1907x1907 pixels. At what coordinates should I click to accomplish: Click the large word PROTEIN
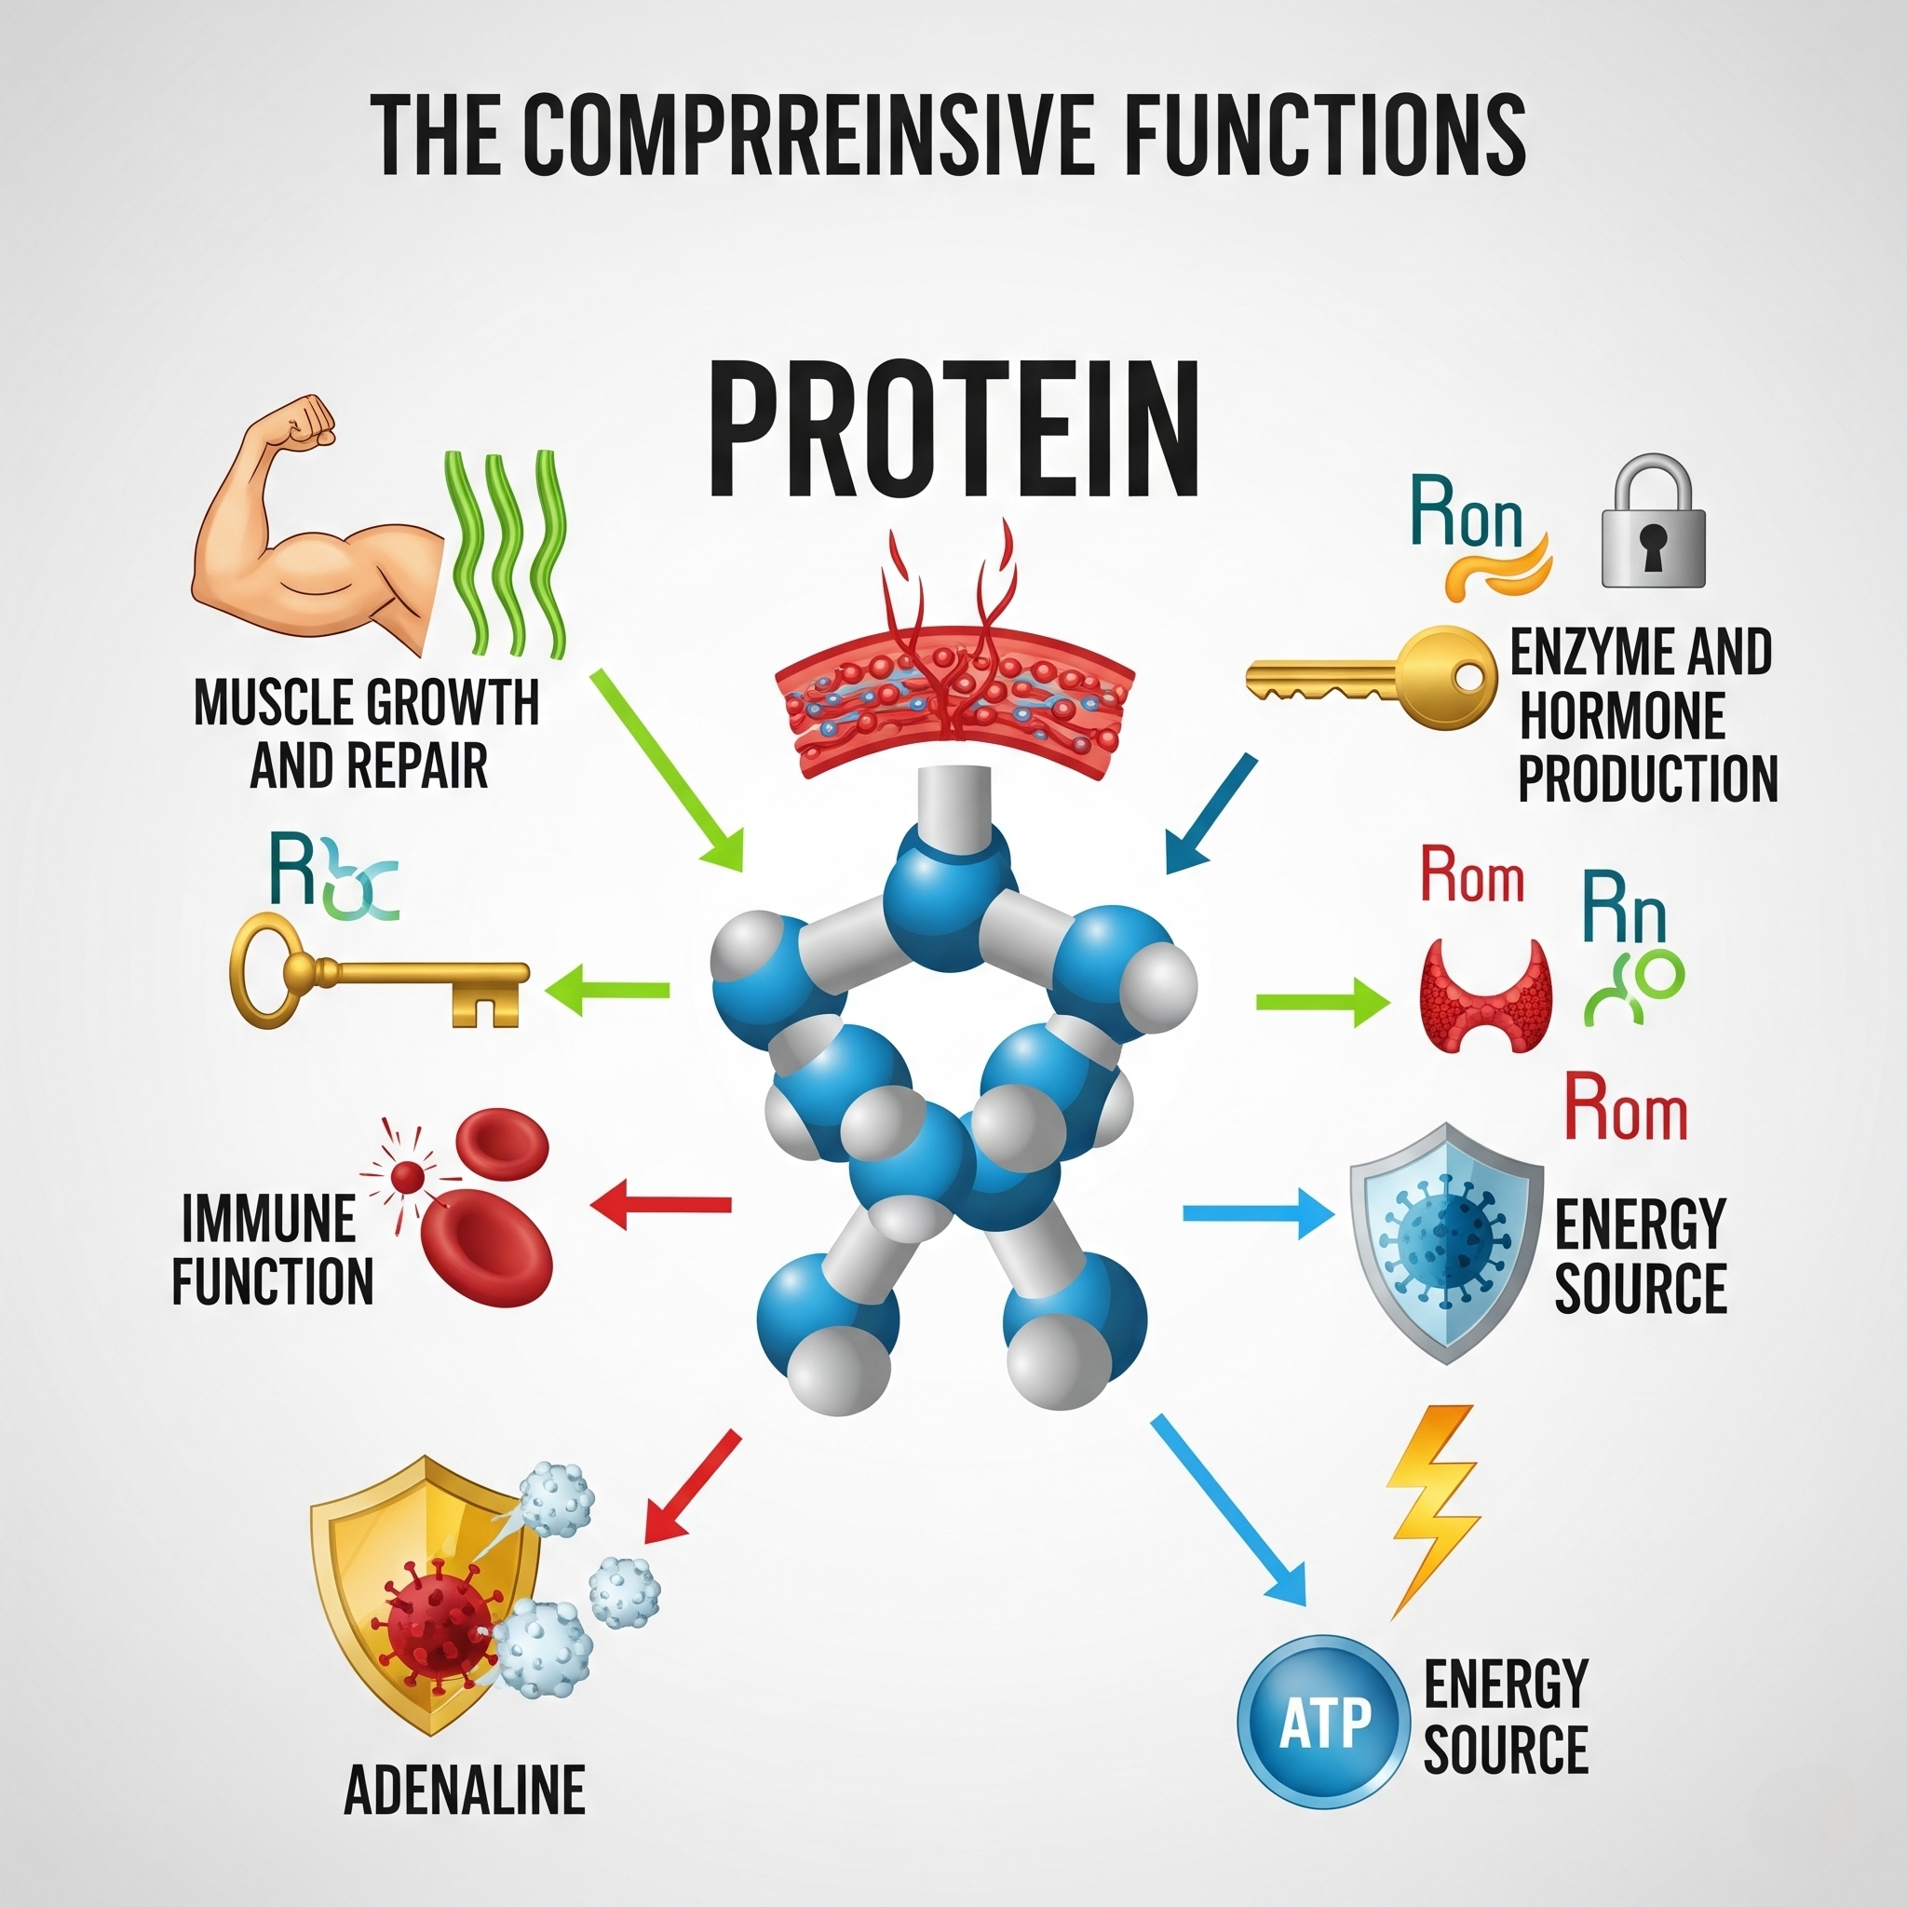[953, 431]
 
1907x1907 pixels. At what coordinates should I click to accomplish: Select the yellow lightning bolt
[1431, 1510]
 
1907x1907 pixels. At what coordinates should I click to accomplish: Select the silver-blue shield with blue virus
[1446, 1242]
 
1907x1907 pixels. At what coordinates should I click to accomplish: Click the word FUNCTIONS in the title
[1325, 133]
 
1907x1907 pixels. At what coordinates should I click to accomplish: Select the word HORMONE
[1622, 716]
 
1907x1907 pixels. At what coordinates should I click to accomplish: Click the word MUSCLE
[276, 703]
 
